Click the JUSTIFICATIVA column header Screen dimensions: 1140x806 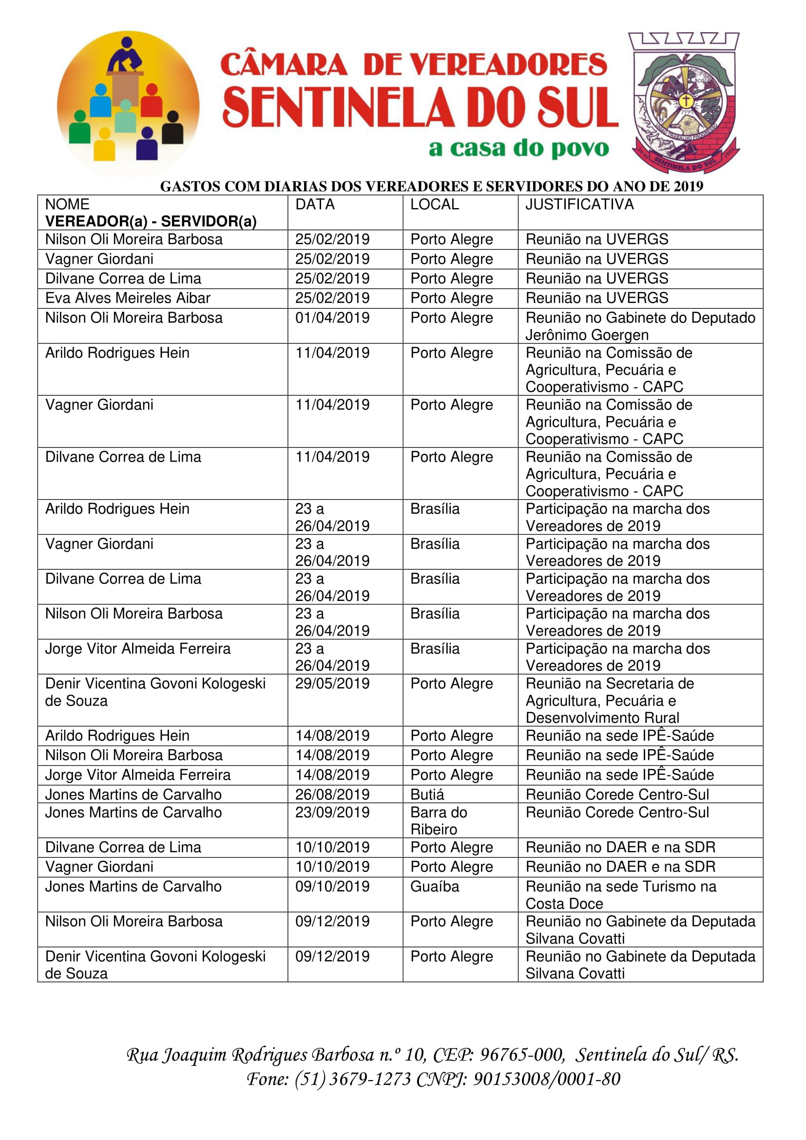pos(579,204)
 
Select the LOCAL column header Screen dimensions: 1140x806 pos(434,204)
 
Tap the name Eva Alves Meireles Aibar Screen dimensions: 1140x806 pos(128,298)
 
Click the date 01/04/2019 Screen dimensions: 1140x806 pos(332,318)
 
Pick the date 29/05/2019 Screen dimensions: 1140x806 pos(332,683)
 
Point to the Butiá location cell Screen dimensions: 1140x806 pos(427,794)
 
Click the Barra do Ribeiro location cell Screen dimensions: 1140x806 pos(438,821)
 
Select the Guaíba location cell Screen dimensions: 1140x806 pos(434,886)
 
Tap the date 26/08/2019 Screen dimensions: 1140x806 pos(332,794)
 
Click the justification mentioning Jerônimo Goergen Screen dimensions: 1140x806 pos(640,326)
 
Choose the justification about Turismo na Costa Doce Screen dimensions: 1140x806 pos(620,895)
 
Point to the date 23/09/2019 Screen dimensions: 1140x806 pos(332,812)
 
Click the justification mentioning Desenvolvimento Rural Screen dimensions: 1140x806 pos(610,700)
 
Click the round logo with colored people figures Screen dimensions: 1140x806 pos(128,103)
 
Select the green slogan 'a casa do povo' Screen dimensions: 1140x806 pos(518,148)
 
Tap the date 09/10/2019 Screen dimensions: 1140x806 pos(332,886)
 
